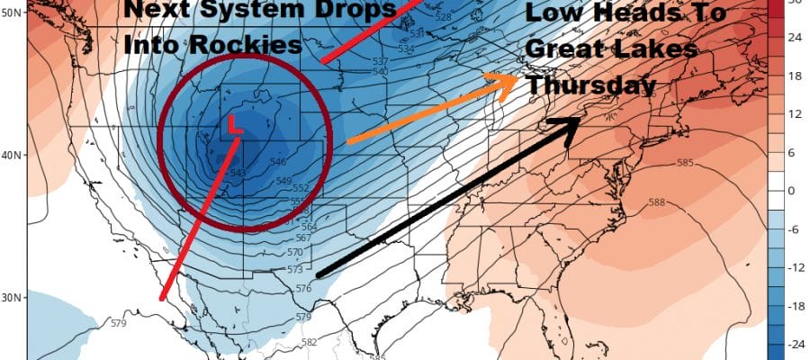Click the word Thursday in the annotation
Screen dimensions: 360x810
[x=590, y=85]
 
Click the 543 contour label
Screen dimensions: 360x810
[x=238, y=173]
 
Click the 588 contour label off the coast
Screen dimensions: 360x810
[x=656, y=202]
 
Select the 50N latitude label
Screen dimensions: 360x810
[x=13, y=15]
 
